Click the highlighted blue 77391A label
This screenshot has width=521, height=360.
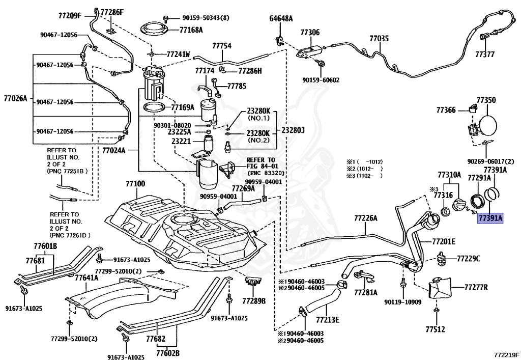(x=490, y=218)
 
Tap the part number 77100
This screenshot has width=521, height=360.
(x=135, y=184)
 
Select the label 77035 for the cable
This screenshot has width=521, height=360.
(x=379, y=39)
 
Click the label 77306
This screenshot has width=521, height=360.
(x=310, y=32)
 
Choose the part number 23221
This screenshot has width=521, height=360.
(x=181, y=141)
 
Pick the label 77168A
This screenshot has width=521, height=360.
(x=191, y=30)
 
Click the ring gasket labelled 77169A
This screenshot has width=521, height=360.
(x=154, y=107)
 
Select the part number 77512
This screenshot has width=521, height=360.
(x=436, y=329)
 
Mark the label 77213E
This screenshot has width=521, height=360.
(x=327, y=320)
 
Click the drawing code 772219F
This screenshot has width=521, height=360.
(x=506, y=355)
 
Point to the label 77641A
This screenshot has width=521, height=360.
(x=86, y=277)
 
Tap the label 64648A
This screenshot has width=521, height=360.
(x=281, y=19)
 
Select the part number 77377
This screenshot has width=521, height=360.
(x=485, y=54)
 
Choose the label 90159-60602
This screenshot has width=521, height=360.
(x=321, y=80)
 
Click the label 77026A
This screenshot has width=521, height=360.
(x=15, y=98)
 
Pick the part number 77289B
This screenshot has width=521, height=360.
(x=254, y=301)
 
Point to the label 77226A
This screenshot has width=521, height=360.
(x=366, y=218)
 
